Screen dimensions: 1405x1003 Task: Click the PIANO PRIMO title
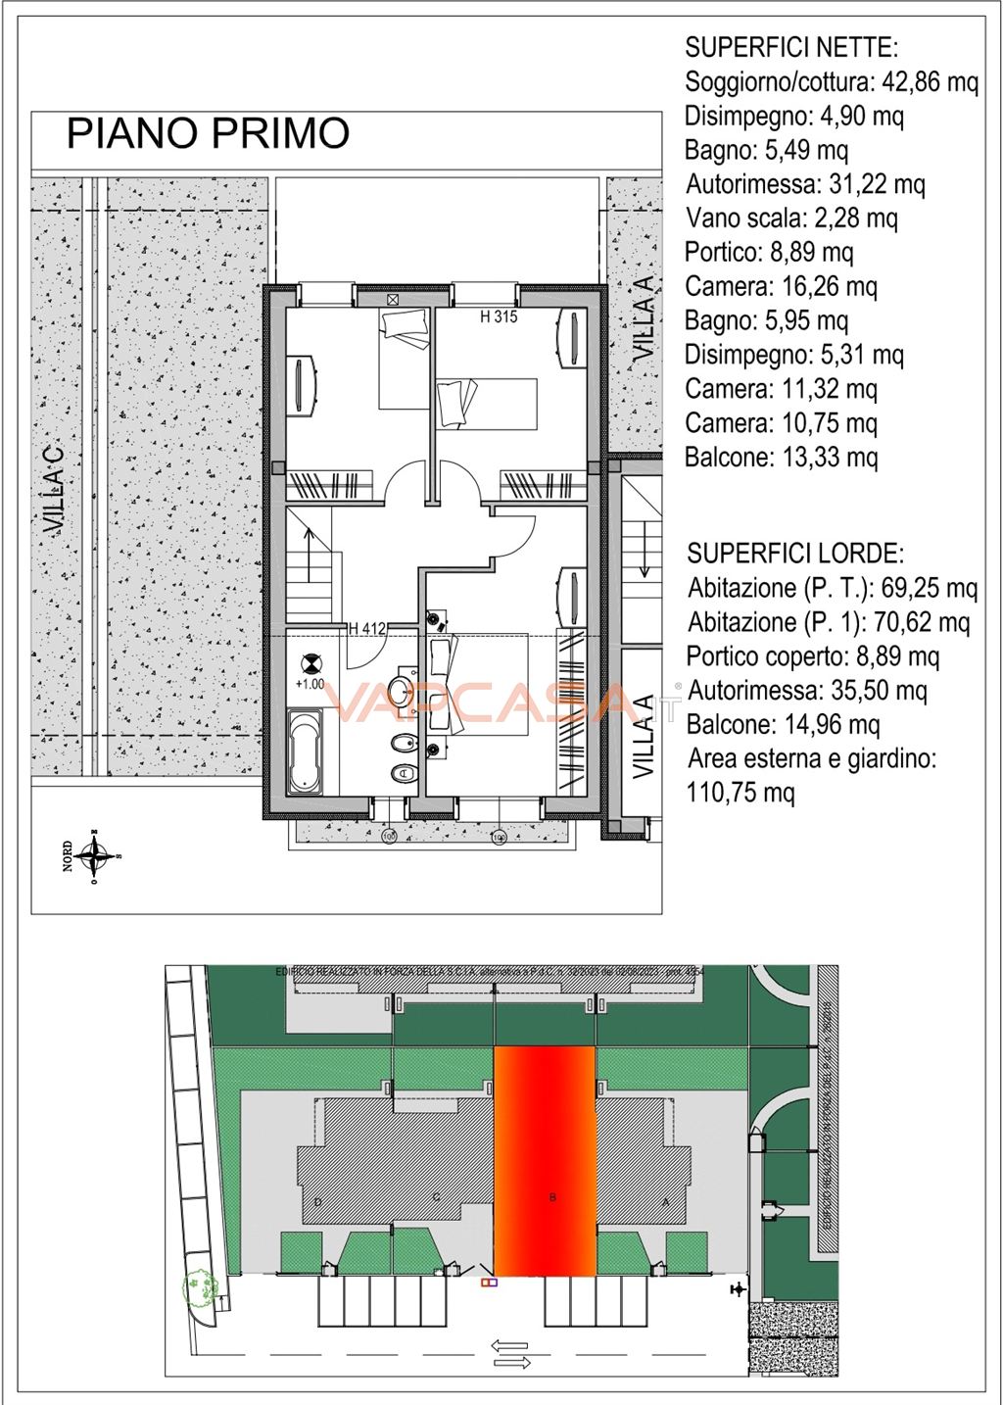208,134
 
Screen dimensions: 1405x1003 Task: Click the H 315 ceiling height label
499,316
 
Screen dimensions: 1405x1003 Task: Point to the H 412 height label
367,629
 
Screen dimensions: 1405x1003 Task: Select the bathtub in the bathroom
306,751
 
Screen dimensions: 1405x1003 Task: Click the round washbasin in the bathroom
400,691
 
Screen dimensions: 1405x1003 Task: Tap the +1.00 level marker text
310,684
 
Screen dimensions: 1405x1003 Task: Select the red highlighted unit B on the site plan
545,1161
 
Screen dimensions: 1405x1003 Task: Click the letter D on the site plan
318,1201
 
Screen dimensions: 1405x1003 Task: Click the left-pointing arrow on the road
508,1345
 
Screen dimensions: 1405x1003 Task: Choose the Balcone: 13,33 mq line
781,458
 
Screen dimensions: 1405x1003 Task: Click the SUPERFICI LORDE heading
794,554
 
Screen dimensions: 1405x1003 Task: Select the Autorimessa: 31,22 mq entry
805,184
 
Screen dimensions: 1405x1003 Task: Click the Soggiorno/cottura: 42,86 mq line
832,81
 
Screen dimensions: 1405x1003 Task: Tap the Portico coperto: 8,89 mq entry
813,656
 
